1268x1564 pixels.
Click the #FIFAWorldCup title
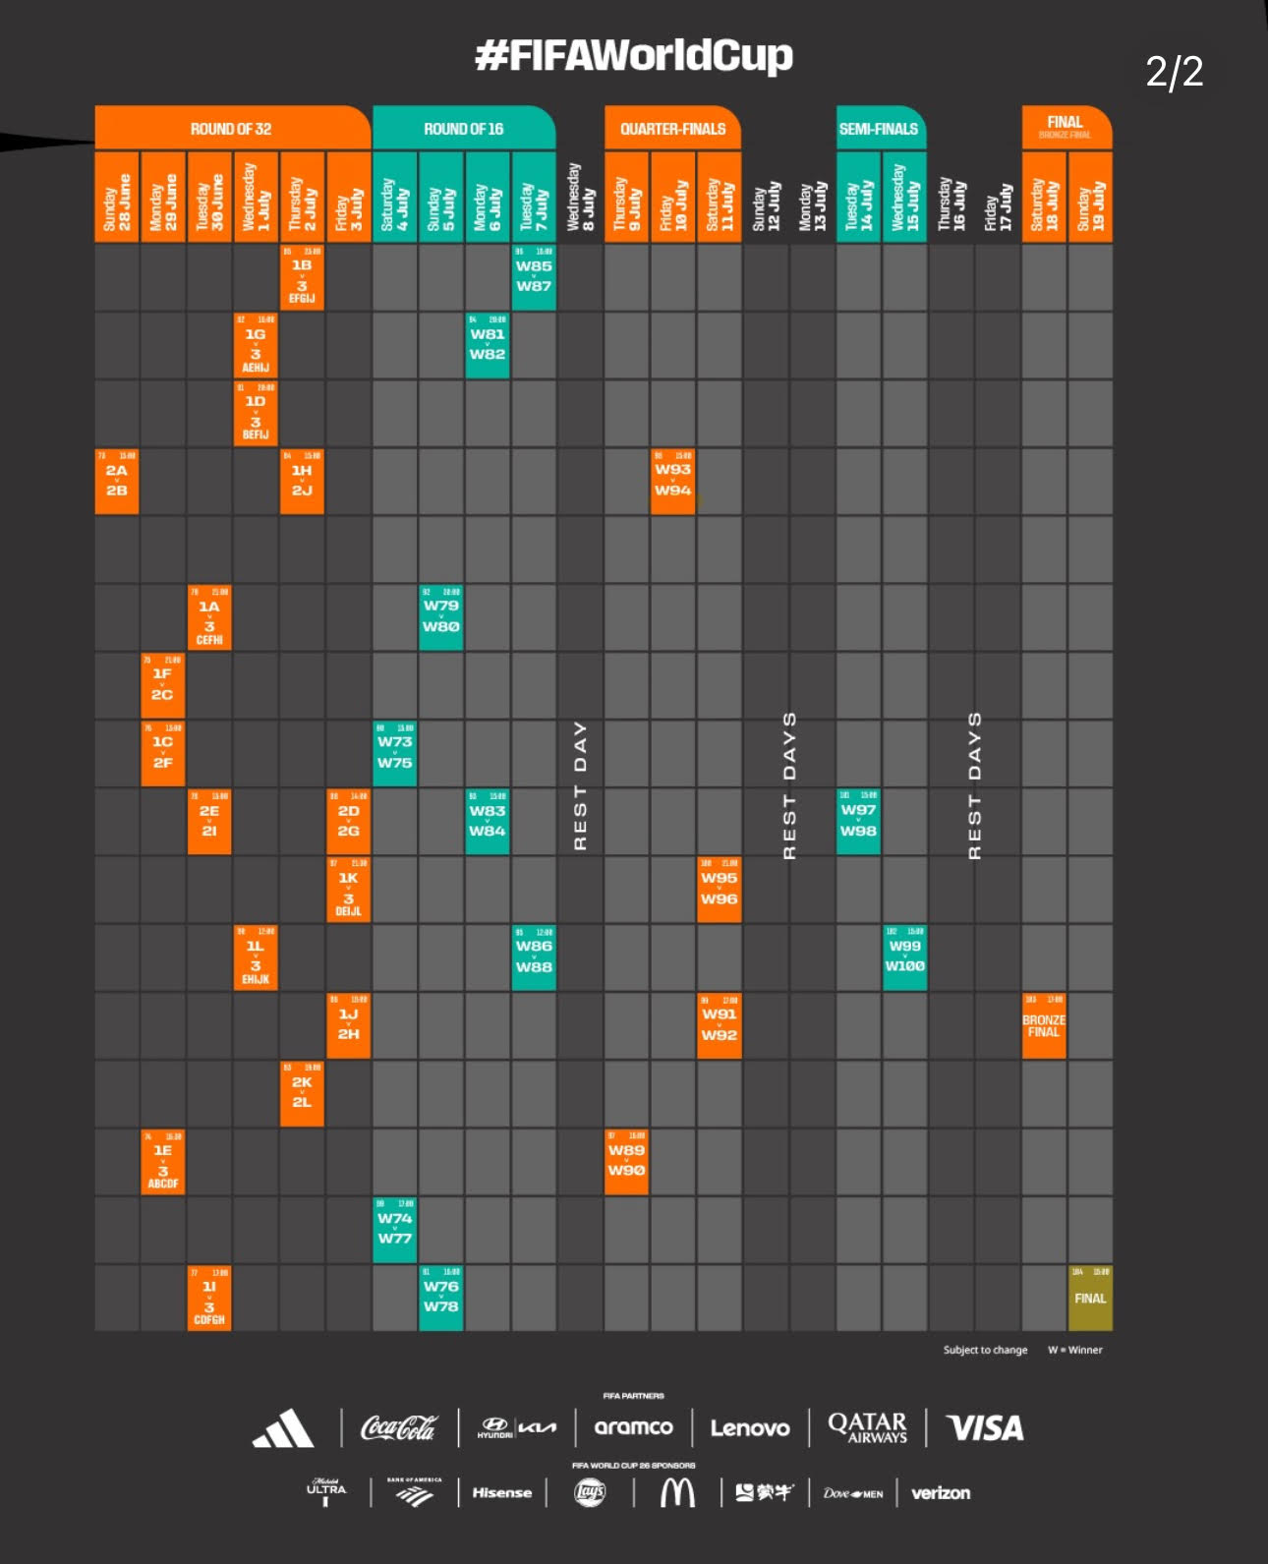633,56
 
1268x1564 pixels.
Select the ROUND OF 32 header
231,129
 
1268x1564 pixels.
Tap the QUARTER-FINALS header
672,129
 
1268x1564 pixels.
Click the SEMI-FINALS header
879,129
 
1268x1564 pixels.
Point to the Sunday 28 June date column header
117,198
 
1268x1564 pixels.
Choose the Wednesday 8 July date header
580,198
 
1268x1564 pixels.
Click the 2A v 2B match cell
117,482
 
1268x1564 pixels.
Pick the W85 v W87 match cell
534,277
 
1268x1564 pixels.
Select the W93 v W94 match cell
673,482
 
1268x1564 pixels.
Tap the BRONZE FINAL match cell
1044,1026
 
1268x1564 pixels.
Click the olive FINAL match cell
1090,1298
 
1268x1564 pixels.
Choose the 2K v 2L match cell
302,1093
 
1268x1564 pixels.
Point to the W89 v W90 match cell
626,1161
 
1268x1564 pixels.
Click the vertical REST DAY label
580,785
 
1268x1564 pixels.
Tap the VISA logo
984,1428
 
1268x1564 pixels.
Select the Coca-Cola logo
398,1428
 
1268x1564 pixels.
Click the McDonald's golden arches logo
676,1493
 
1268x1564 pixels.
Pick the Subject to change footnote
985,1350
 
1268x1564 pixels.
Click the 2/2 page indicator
1174,72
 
